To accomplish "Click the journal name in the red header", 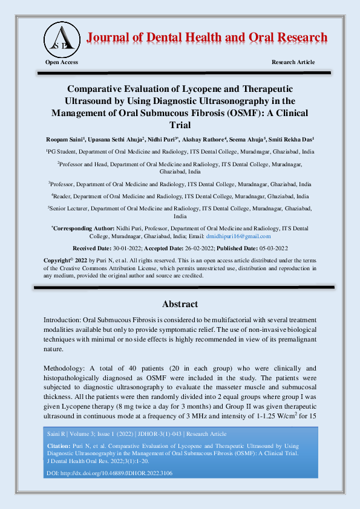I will pos(207,37).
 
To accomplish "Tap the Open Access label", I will pos(62,62).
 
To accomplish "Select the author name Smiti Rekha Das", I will pos(292,139).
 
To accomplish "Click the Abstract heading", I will pos(180,304).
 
